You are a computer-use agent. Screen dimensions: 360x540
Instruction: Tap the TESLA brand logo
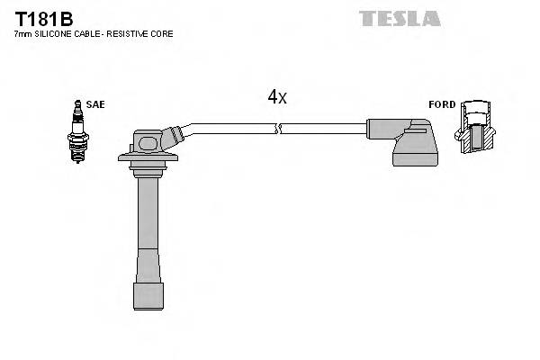400,18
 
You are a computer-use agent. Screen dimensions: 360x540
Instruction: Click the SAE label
96,104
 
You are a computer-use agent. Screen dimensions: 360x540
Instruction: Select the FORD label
442,104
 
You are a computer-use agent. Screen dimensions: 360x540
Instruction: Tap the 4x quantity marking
276,97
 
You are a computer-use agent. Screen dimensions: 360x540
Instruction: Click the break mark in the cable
280,129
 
